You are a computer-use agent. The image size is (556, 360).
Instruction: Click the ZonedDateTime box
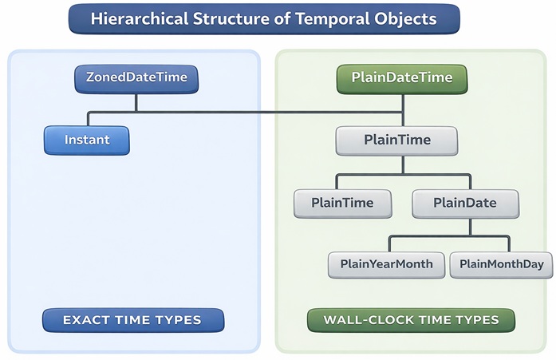(136, 78)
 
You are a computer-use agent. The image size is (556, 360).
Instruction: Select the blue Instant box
(87, 140)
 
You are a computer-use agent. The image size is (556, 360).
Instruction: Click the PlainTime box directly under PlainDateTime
(397, 140)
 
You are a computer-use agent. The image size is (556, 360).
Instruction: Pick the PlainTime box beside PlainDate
(344, 203)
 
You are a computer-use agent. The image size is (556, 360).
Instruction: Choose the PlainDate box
(465, 203)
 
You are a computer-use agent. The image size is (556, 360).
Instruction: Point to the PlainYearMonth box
(386, 264)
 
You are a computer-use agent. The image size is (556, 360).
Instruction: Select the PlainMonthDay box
(501, 264)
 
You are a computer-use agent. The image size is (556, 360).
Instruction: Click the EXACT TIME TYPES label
(132, 320)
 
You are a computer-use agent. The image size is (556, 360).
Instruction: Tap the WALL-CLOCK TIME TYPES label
(411, 320)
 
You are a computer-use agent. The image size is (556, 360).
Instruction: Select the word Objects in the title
(407, 18)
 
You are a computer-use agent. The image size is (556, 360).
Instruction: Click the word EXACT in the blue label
(84, 320)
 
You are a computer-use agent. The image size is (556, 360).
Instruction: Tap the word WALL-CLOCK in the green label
(365, 320)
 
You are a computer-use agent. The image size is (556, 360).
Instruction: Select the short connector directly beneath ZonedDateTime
(136, 101)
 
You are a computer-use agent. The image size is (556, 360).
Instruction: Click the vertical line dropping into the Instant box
(87, 119)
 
